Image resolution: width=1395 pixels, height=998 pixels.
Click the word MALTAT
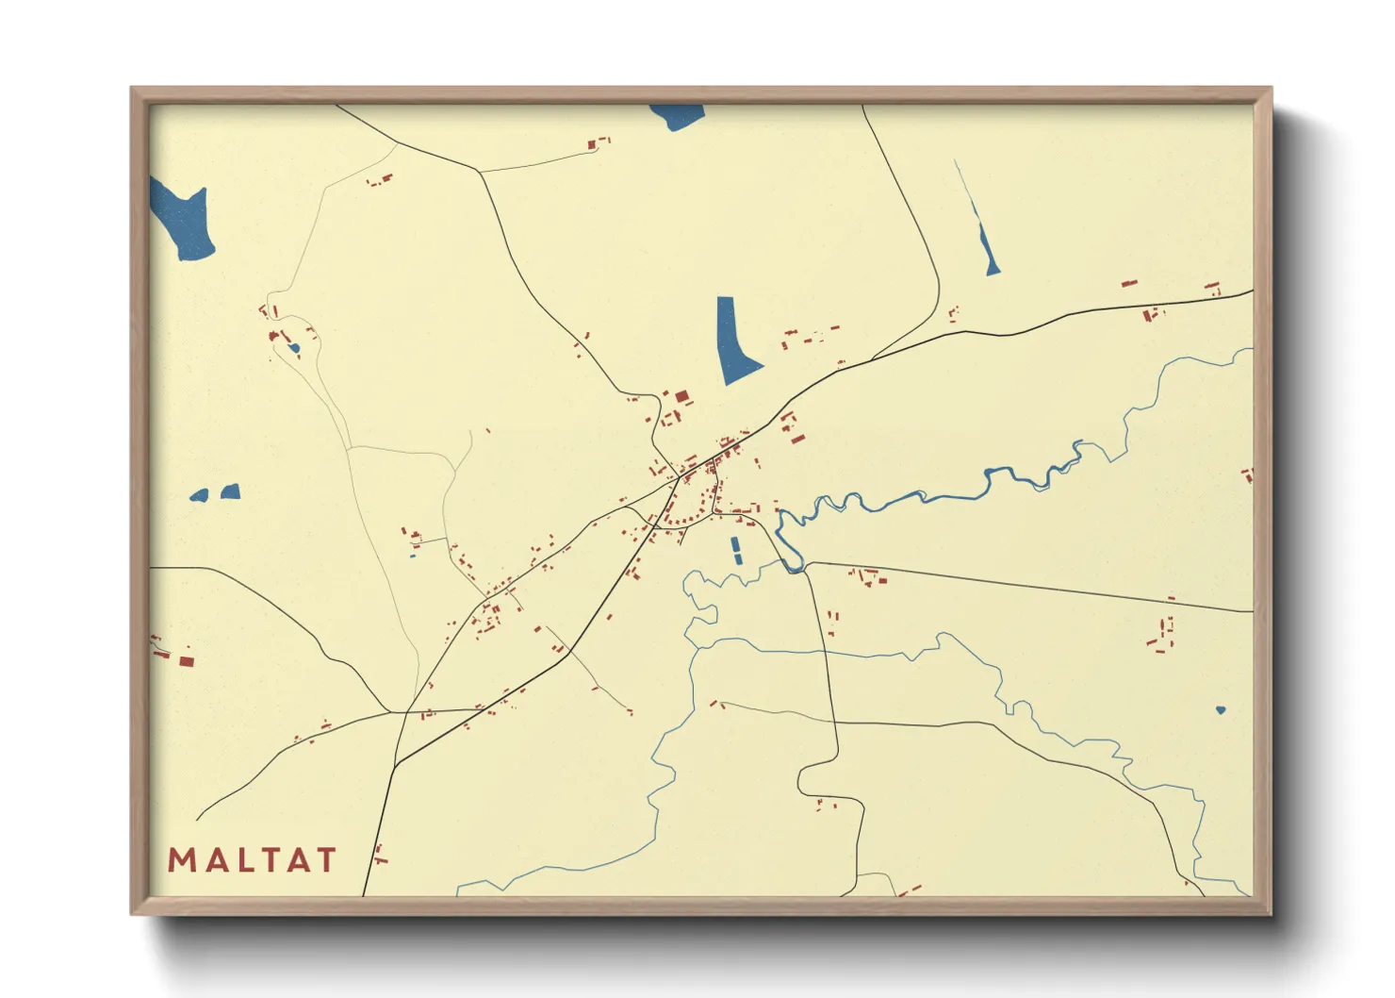coord(252,860)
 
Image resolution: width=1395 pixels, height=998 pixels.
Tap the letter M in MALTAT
coord(181,860)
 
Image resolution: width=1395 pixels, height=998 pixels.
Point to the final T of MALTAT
coord(325,860)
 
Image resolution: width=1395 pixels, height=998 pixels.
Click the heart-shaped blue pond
coord(1221,709)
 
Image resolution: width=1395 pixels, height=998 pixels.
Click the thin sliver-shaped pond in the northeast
coord(987,250)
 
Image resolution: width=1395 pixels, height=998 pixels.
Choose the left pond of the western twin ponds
coord(199,495)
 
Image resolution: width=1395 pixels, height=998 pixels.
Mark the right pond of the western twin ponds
coord(230,491)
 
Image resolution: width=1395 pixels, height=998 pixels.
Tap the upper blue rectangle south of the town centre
coord(735,543)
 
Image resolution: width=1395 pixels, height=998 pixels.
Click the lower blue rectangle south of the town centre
coord(738,557)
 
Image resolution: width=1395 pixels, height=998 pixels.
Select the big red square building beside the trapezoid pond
coord(681,397)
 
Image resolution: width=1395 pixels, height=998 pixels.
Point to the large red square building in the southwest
coord(186,661)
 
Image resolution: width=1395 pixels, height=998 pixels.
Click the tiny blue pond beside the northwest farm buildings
coord(294,349)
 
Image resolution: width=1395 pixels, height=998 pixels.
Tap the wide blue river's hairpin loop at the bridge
coord(790,557)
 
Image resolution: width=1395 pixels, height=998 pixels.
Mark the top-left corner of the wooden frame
coord(132,89)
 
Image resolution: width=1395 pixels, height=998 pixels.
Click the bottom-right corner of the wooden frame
coord(1271,913)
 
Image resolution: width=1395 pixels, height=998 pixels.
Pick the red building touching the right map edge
coord(1248,475)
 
